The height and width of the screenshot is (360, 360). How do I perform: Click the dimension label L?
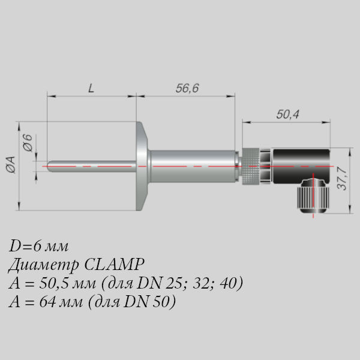click(91, 88)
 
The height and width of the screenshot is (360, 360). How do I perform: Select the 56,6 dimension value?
click(187, 88)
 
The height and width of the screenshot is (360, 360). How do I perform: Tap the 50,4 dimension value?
click(287, 115)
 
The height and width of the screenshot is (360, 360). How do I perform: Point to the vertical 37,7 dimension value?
click(342, 179)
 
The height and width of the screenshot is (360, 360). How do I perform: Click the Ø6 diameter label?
click(28, 143)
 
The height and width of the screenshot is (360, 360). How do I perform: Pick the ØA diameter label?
click(11, 164)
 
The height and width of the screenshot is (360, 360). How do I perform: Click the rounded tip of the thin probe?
click(49, 166)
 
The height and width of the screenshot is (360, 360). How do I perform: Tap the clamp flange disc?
click(142, 166)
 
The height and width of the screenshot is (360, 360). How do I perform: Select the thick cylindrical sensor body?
click(193, 166)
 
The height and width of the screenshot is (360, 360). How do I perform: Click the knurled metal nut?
click(250, 166)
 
